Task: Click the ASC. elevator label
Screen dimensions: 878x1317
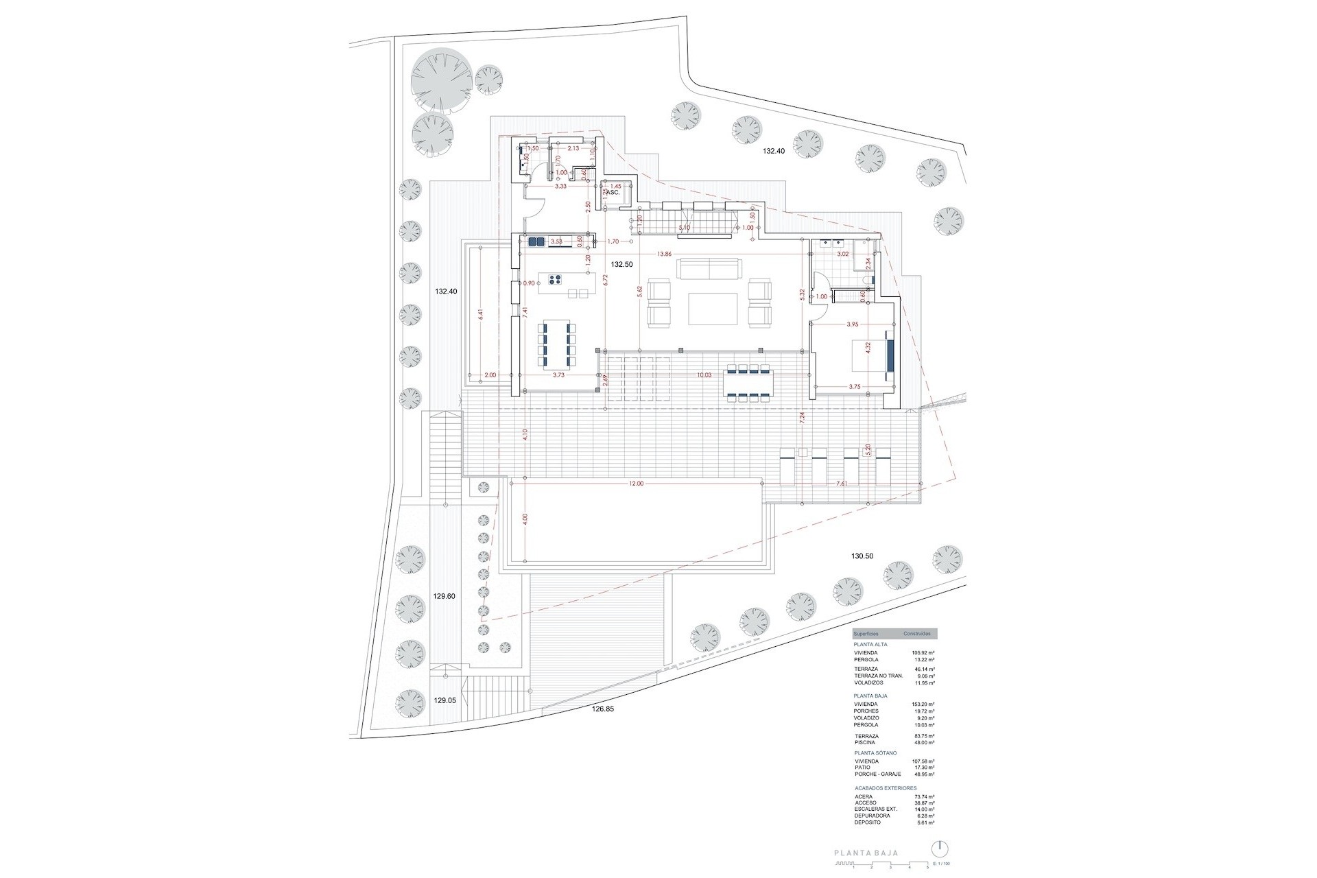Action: (613, 193)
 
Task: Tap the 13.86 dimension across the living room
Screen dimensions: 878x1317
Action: (663, 254)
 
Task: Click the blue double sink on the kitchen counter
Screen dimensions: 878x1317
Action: (536, 241)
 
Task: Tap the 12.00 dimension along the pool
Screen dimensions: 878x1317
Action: (636, 484)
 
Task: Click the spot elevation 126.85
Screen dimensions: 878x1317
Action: (602, 728)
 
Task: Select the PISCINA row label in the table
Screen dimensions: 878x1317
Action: (866, 742)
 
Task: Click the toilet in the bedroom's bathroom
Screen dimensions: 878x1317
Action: (866, 280)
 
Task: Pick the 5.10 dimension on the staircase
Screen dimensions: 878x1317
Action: (684, 227)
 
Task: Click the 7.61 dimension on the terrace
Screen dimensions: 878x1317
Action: (842, 484)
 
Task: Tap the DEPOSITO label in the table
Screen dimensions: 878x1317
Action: (868, 822)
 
